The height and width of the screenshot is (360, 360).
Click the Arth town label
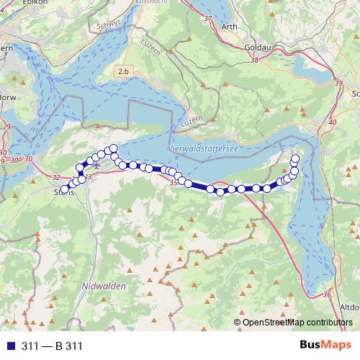[230, 27]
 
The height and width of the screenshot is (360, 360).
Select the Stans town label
[64, 192]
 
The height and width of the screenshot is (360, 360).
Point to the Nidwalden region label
[104, 286]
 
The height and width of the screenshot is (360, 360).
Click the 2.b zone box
[125, 71]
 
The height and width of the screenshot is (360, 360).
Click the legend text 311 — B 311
[52, 346]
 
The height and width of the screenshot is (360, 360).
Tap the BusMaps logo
[325, 346]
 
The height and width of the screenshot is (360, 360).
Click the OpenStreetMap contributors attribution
[297, 323]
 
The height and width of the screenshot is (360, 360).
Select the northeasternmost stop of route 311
[295, 158]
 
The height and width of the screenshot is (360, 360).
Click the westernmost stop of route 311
[66, 189]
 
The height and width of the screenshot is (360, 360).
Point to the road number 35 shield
[173, 184]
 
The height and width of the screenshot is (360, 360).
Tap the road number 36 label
[328, 294]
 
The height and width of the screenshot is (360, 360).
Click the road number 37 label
[208, 18]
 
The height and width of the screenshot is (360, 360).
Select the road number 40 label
[332, 122]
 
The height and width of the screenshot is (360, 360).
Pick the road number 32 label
[57, 176]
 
